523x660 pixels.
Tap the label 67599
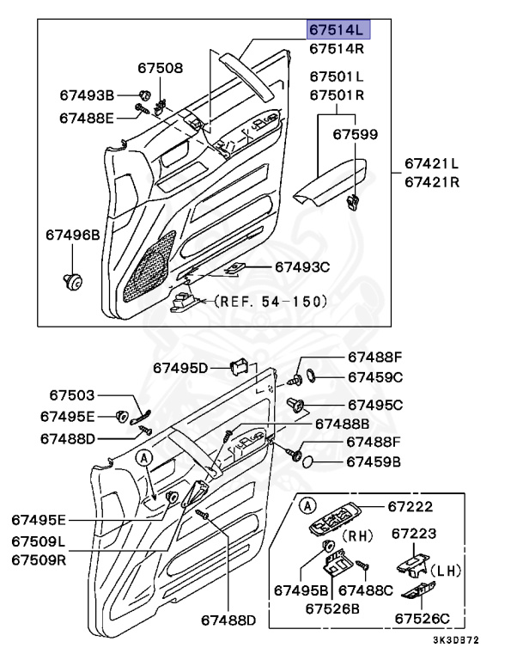(355, 135)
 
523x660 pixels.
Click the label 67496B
(73, 234)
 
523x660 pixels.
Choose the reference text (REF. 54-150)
(271, 301)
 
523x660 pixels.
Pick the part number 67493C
(302, 267)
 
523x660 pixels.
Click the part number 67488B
(342, 424)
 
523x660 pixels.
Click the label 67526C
(422, 617)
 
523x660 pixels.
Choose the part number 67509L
(40, 543)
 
